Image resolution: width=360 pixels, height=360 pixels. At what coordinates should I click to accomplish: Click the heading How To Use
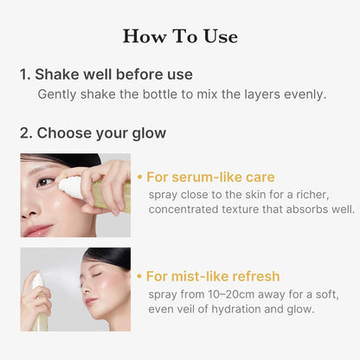180,36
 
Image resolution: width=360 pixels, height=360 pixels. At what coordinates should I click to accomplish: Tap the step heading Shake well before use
106,74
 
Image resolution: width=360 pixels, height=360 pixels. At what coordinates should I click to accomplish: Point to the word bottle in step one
168,94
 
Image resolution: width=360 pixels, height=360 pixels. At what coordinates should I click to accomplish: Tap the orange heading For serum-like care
210,177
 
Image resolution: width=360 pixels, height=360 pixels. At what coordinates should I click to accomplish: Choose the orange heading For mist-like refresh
212,276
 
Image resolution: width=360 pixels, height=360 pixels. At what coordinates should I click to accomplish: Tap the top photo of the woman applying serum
75,196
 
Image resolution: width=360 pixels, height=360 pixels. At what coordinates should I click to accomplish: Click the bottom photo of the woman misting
75,289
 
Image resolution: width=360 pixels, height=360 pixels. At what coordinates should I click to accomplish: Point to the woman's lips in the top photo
39,230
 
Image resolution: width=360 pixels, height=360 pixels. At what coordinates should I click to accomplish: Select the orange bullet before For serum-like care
140,177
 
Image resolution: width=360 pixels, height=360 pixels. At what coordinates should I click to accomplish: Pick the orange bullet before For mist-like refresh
140,276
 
